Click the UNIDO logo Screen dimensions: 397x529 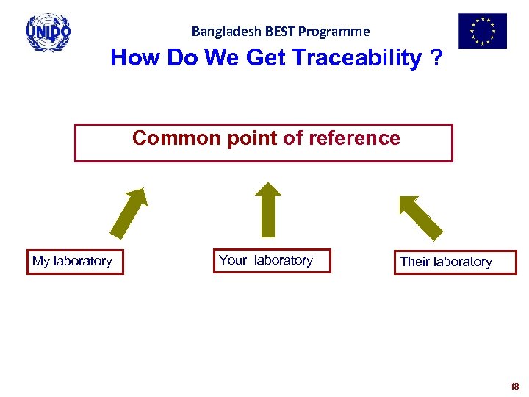(48, 32)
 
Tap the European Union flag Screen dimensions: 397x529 (482, 31)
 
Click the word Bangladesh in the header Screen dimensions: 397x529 (218, 32)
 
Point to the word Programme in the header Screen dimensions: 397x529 (334, 32)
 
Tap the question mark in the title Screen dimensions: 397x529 (438, 58)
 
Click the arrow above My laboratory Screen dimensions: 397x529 (129, 213)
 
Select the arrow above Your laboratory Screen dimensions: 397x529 (269, 210)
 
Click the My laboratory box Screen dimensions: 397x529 (75, 262)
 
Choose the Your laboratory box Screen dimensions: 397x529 (271, 261)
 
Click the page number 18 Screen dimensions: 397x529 (514, 386)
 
